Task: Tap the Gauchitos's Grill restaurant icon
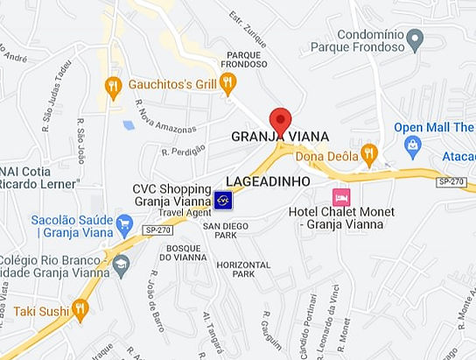[x=227, y=84]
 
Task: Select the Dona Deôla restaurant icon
[x=368, y=155]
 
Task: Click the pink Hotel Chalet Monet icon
[x=341, y=195]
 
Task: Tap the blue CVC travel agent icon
[x=224, y=200]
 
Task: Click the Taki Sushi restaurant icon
[x=80, y=308]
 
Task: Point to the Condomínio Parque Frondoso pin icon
[x=416, y=38]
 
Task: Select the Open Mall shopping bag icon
[x=412, y=145]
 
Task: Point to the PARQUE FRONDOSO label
[x=243, y=58]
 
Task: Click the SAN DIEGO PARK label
[x=220, y=230]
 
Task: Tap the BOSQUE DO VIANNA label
[x=182, y=253]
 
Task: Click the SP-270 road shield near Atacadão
[x=451, y=181]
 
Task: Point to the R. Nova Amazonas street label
[x=165, y=117]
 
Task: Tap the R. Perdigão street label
[x=183, y=151]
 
